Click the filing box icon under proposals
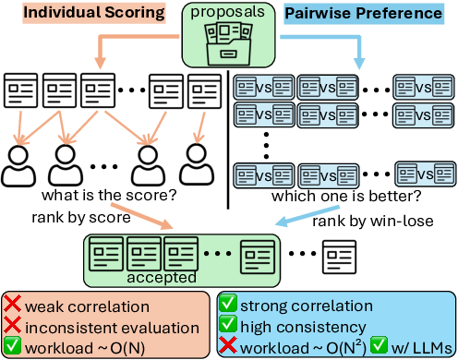point(228,42)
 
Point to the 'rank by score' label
point(80,219)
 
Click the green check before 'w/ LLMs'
point(378,344)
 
